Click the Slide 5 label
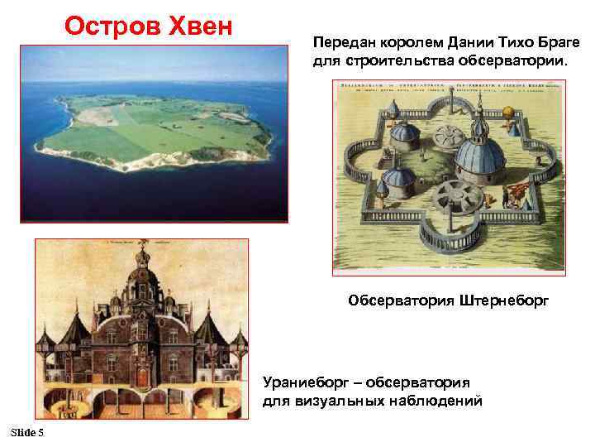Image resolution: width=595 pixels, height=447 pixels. [28, 434]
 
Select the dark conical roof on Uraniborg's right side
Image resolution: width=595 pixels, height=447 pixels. [210, 329]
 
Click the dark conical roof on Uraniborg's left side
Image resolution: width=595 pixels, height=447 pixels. [75, 329]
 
